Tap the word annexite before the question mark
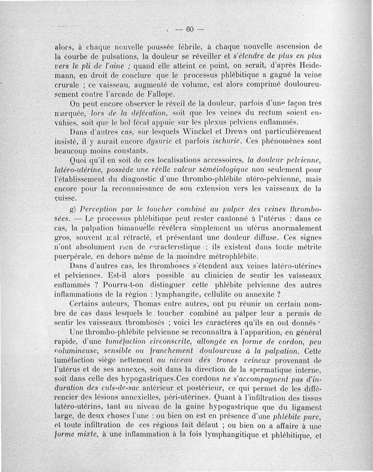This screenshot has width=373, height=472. [258, 294]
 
